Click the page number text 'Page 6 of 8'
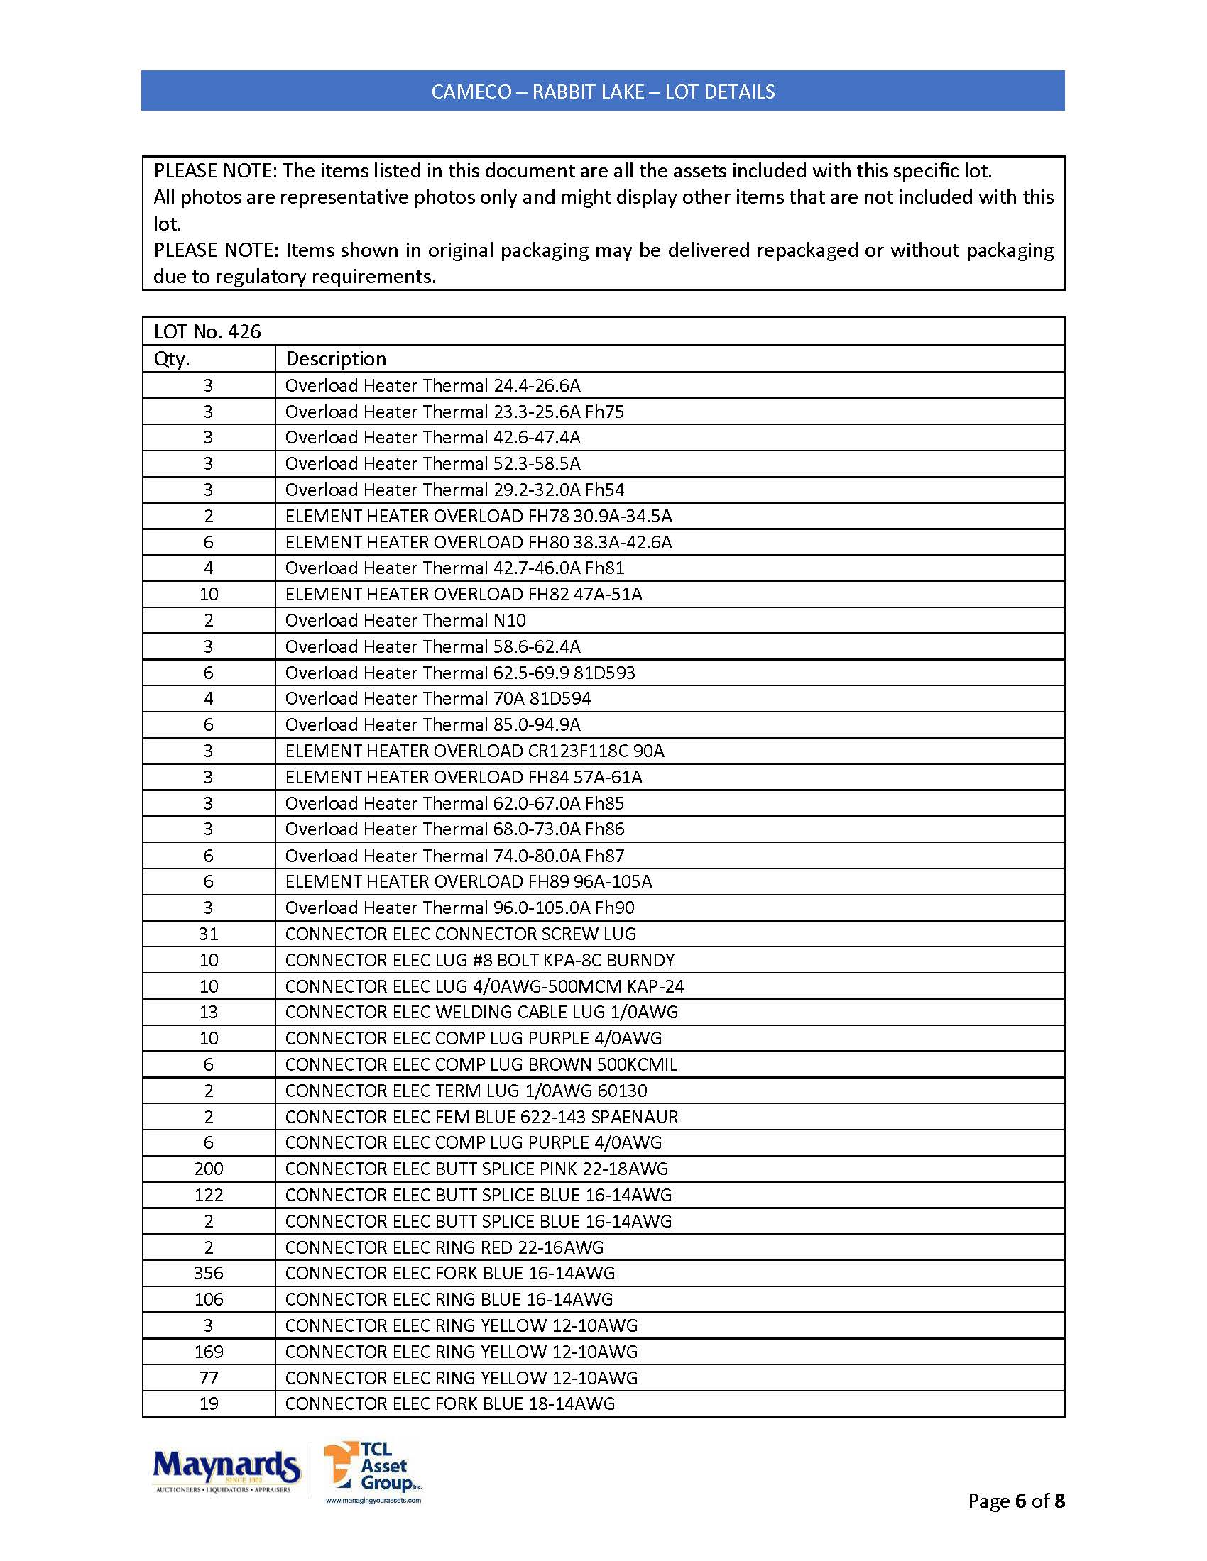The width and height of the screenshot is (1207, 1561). [x=1015, y=1500]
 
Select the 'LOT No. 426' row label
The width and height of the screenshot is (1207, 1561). [x=207, y=331]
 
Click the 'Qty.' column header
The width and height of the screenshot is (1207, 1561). [x=172, y=359]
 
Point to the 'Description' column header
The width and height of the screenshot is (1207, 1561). [x=335, y=359]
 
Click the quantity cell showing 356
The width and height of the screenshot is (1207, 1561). [x=208, y=1273]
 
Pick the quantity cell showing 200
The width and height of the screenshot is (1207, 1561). [x=208, y=1169]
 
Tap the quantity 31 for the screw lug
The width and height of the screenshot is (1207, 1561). [x=208, y=934]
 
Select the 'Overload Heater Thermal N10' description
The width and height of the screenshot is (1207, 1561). [x=405, y=620]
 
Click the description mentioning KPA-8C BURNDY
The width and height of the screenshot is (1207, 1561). [x=480, y=960]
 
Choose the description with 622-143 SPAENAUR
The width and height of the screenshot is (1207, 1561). [x=481, y=1116]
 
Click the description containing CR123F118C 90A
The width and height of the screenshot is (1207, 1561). [x=475, y=751]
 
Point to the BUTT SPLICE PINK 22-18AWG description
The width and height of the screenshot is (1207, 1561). [x=476, y=1169]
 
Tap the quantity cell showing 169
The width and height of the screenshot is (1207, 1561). [x=208, y=1352]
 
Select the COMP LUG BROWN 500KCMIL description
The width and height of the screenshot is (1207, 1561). [x=481, y=1064]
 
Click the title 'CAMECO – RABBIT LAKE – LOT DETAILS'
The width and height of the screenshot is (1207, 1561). [x=603, y=92]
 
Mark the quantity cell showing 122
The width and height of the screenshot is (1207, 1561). [x=208, y=1195]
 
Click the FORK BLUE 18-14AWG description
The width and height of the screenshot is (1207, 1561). [x=449, y=1403]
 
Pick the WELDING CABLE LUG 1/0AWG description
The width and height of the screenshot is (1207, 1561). [x=481, y=1012]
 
